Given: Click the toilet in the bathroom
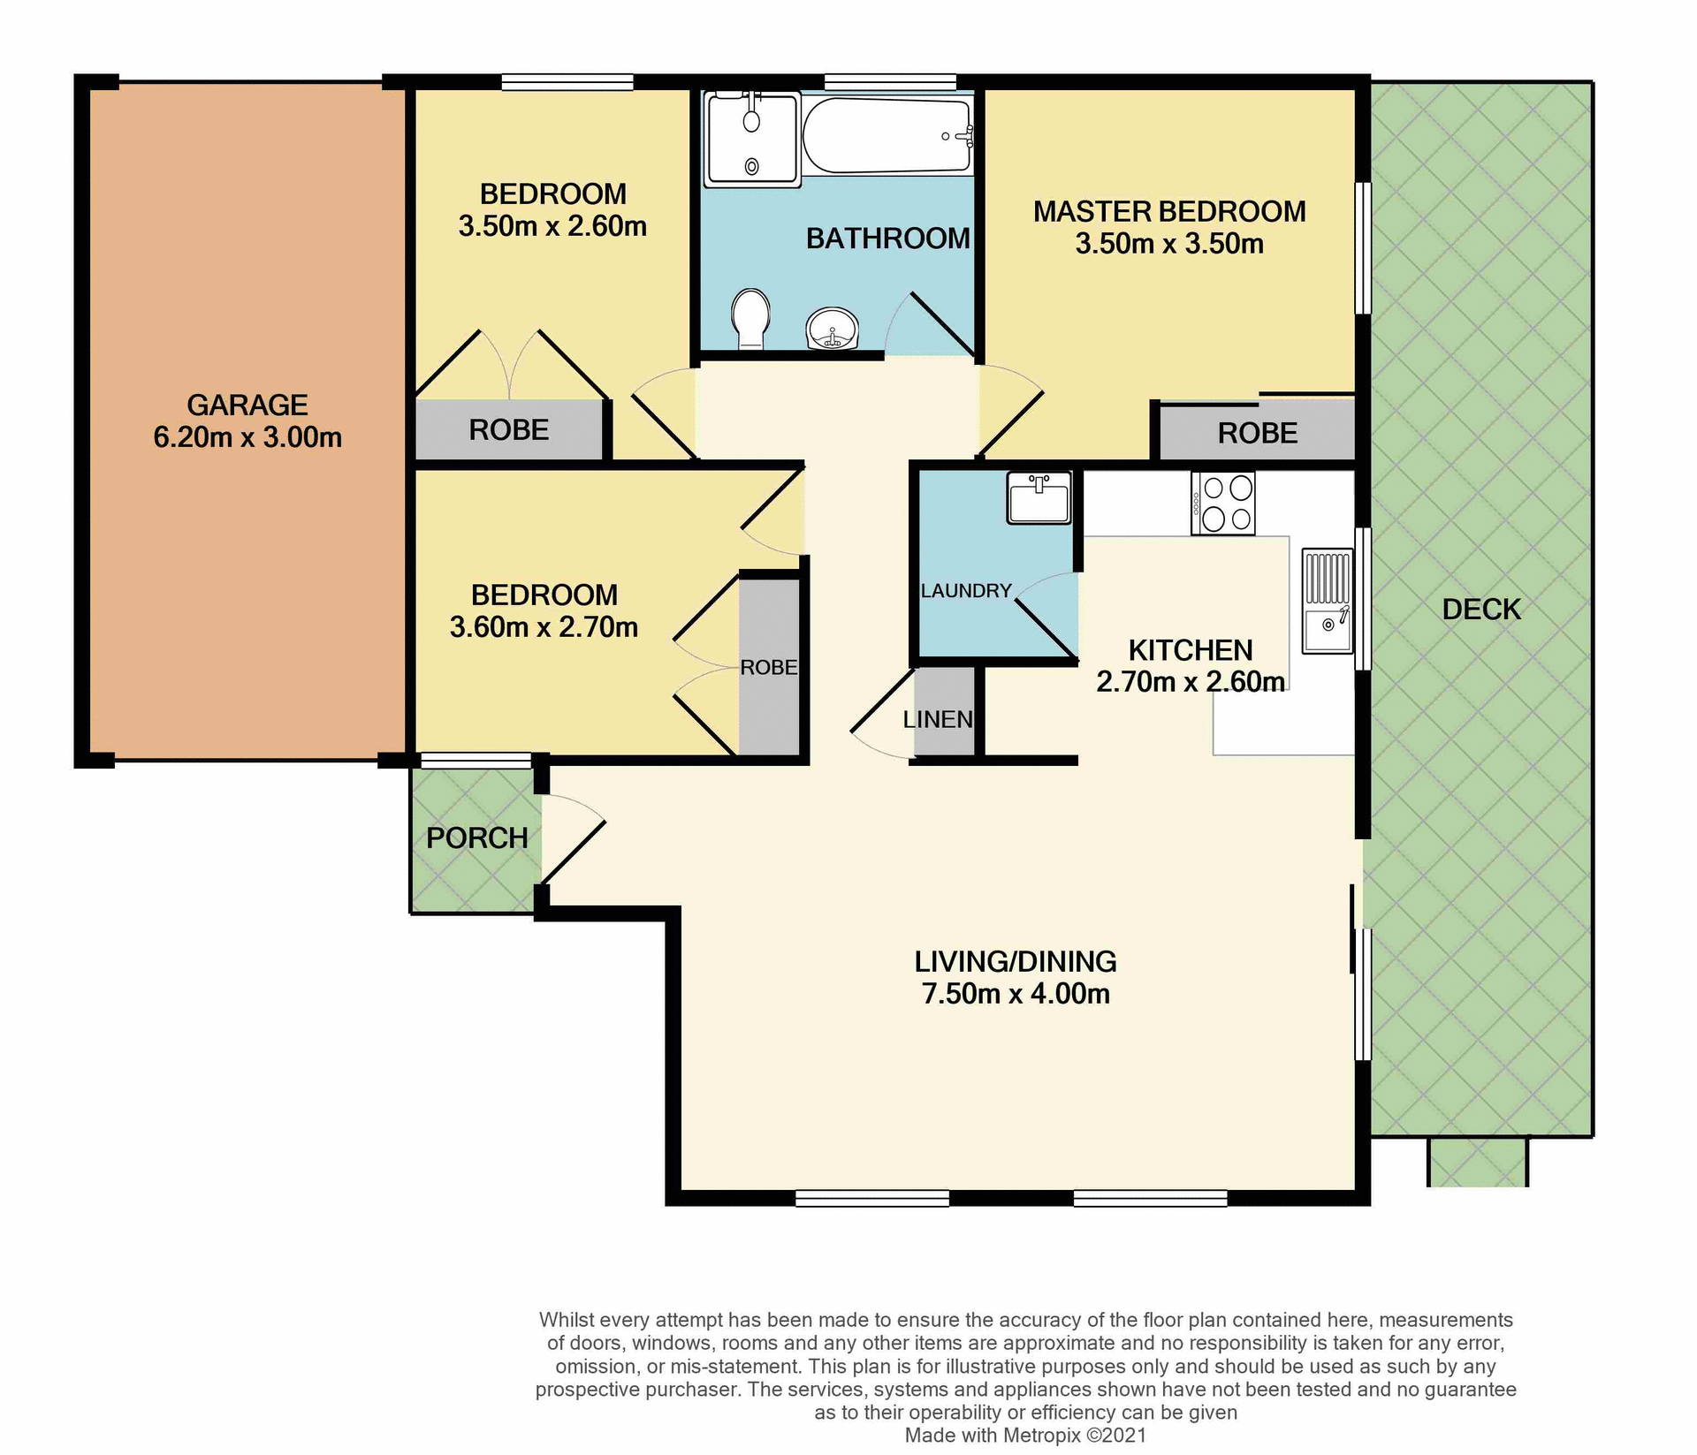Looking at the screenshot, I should pos(751,318).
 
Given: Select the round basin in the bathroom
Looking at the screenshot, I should pos(832,330).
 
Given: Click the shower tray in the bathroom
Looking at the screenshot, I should pos(751,139).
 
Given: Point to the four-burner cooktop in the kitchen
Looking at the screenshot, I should pos(1223,504).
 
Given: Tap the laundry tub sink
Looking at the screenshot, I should pos(1039,498).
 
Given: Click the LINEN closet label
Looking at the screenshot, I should pos(938,719).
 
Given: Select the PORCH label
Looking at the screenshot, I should pos(477,837).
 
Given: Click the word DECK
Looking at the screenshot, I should pos(1481,610).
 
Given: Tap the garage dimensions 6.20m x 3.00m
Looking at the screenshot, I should pos(247,437).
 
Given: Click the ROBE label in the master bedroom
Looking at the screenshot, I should pos(1257,433).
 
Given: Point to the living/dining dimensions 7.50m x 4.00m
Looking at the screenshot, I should pos(1016,994).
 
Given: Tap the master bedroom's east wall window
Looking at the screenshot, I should pos(1364,248).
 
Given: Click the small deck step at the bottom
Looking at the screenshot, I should pos(1477,1161).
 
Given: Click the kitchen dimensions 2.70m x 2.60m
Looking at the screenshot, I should pos(1190,682).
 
